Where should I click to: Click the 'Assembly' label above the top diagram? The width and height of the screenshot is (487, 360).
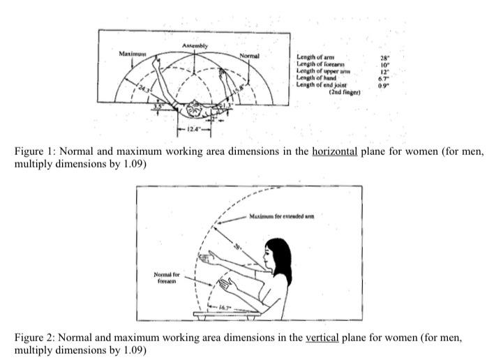195,45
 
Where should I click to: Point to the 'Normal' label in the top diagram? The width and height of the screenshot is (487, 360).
249,55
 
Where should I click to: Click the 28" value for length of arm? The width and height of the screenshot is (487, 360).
384,59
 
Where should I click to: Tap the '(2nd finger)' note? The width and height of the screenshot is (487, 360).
344,91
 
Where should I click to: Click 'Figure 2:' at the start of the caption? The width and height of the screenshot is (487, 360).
33,338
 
